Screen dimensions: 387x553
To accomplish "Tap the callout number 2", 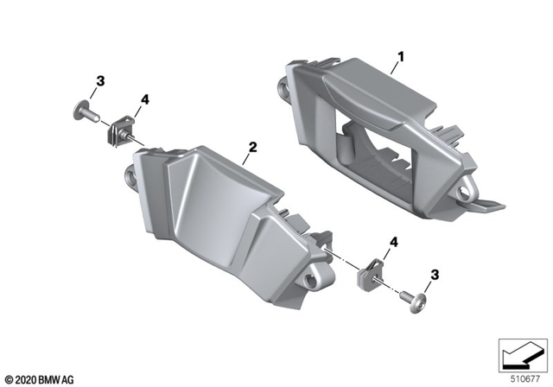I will coord(251,147).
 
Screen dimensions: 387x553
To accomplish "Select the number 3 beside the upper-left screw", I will coord(100,82).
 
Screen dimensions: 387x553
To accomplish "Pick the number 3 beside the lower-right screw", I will coord(435,274).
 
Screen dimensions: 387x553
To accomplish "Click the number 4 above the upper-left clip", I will coord(144,101).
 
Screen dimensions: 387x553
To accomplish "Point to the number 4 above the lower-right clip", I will coord(395,245).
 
